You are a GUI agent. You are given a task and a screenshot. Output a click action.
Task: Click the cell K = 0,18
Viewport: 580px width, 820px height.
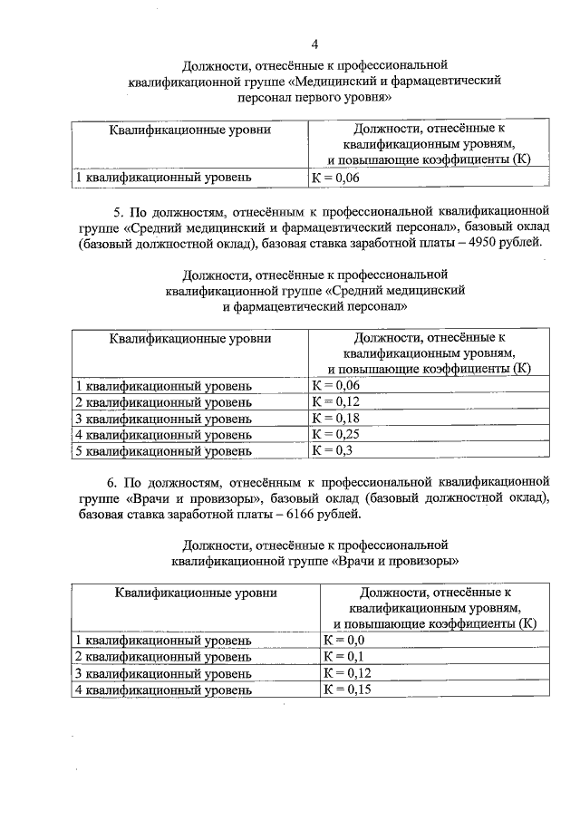335,418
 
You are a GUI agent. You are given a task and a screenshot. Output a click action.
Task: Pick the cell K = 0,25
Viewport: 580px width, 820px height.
335,434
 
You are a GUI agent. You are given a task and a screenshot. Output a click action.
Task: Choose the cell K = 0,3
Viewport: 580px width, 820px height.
332,450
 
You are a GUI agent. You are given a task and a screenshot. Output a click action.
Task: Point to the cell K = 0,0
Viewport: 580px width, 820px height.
343,641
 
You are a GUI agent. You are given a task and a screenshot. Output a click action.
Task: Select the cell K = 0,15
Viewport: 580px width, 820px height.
347,690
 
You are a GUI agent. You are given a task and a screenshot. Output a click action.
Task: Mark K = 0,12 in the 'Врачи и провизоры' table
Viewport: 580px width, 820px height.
347,673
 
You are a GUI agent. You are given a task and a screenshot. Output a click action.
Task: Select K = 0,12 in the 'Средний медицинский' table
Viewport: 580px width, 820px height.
335,401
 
